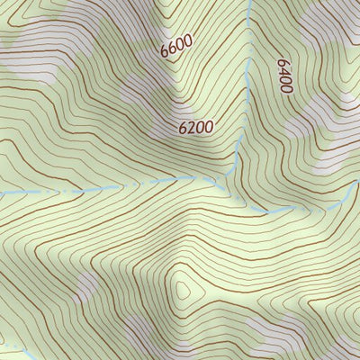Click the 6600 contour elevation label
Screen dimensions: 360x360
pos(176,46)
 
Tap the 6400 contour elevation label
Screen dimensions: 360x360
pos(285,76)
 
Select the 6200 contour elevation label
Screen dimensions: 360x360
pos(195,128)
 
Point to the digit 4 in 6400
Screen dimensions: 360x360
pos(285,71)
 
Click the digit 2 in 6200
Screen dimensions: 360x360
pos(192,128)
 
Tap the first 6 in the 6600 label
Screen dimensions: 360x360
pos(166,52)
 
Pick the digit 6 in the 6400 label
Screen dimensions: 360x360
pos(283,63)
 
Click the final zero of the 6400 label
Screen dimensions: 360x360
pos(287,89)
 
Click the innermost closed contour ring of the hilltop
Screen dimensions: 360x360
pos(184,289)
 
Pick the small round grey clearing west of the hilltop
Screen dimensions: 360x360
pos(87,286)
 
